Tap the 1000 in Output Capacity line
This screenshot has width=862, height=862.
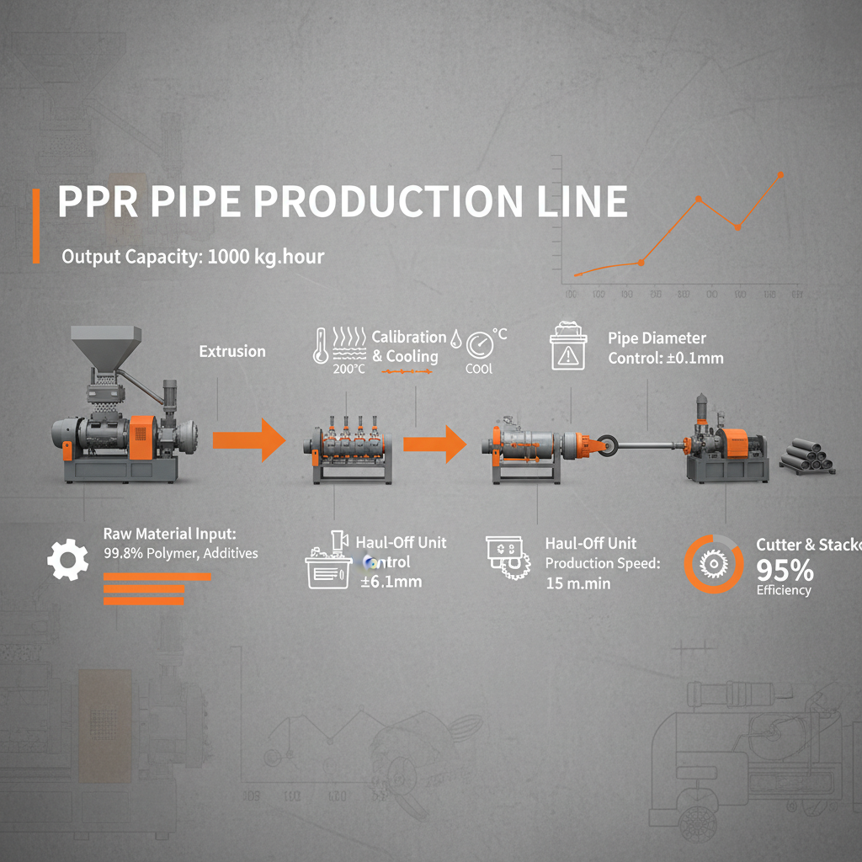(x=226, y=257)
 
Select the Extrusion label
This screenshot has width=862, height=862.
(x=232, y=351)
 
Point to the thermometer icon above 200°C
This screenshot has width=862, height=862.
(x=321, y=344)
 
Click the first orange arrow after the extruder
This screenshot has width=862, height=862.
(x=250, y=440)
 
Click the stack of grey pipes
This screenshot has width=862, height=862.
(x=806, y=455)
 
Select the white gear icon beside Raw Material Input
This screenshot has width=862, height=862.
(x=67, y=560)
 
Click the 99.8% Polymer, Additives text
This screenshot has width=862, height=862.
(x=180, y=553)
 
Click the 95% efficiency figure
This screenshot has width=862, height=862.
(x=785, y=571)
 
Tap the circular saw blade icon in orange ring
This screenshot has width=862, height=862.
(x=713, y=565)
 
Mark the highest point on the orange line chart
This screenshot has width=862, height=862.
(x=780, y=174)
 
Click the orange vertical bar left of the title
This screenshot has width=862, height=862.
(x=36, y=226)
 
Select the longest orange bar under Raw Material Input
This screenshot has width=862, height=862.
(x=157, y=577)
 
